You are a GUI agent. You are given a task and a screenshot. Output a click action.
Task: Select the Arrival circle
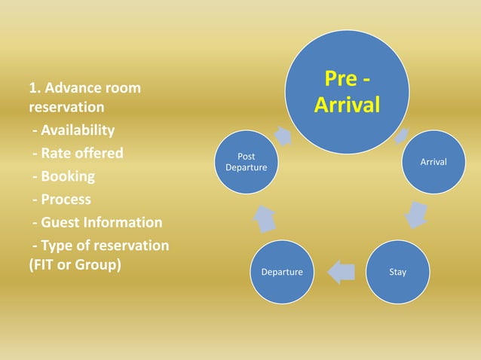click(x=433, y=162)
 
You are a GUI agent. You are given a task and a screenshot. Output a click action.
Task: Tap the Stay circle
click(x=397, y=271)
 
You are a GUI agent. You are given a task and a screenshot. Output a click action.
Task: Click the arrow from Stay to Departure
click(x=341, y=271)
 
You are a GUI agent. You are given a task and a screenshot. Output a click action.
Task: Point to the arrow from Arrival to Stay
click(x=416, y=215)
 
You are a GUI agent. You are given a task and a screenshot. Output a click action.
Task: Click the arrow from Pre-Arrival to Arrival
click(x=403, y=136)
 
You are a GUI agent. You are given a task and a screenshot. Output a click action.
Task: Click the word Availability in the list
click(x=78, y=130)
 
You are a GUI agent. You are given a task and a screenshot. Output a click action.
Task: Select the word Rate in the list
click(x=54, y=154)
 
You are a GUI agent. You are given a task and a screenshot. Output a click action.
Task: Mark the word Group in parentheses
click(x=97, y=267)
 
